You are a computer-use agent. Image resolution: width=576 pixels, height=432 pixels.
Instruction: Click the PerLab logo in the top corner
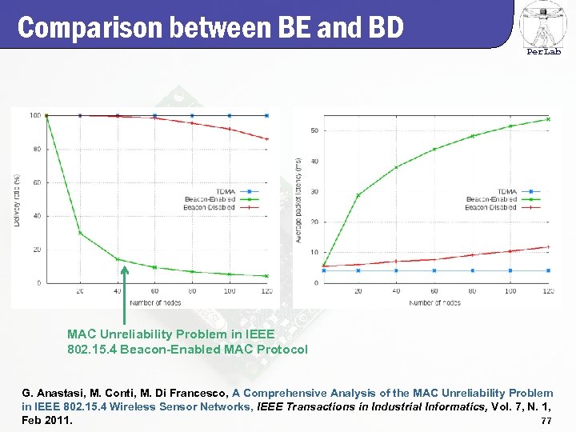(x=543, y=27)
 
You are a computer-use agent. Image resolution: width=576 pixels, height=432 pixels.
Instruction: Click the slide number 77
(x=546, y=421)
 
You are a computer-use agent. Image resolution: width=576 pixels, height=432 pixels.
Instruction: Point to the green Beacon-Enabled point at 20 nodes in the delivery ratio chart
(x=80, y=233)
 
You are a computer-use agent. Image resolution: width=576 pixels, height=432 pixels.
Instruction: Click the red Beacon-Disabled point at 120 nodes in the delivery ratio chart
(x=266, y=139)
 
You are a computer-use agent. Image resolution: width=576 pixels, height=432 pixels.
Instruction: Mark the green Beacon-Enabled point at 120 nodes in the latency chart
(x=548, y=119)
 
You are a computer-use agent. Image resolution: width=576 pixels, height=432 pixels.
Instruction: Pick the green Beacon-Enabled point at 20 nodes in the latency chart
(x=358, y=195)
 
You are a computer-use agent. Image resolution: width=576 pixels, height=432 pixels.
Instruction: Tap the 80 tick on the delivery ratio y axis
(x=36, y=149)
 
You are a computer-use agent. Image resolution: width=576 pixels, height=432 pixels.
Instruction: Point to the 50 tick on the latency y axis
(x=314, y=130)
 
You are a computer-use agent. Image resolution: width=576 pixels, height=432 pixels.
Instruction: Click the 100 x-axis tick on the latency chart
(x=510, y=291)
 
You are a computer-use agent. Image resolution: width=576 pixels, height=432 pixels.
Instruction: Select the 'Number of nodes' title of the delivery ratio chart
(x=155, y=302)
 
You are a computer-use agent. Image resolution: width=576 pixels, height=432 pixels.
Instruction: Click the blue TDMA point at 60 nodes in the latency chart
(x=434, y=270)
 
